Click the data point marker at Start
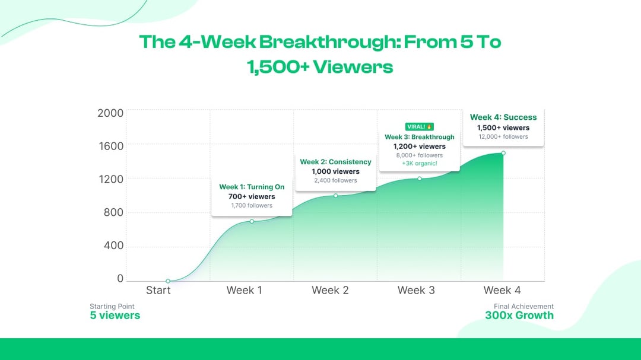pyautogui.click(x=168, y=281)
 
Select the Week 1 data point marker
pyautogui.click(x=252, y=221)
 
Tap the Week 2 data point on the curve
pyautogui.click(x=335, y=196)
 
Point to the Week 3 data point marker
pyautogui.click(x=419, y=179)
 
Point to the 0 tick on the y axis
pyautogui.click(x=120, y=279)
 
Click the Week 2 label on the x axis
pyautogui.click(x=330, y=291)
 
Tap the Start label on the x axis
pyautogui.click(x=158, y=291)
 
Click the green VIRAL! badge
pyautogui.click(x=419, y=126)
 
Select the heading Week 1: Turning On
pyautogui.click(x=252, y=187)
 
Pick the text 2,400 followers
pyautogui.click(x=335, y=180)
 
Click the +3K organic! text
pyautogui.click(x=419, y=164)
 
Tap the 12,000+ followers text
pyautogui.click(x=503, y=136)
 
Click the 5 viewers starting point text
pyautogui.click(x=115, y=316)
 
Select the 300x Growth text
pyautogui.click(x=519, y=316)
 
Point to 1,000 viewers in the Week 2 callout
pyautogui.click(x=335, y=171)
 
